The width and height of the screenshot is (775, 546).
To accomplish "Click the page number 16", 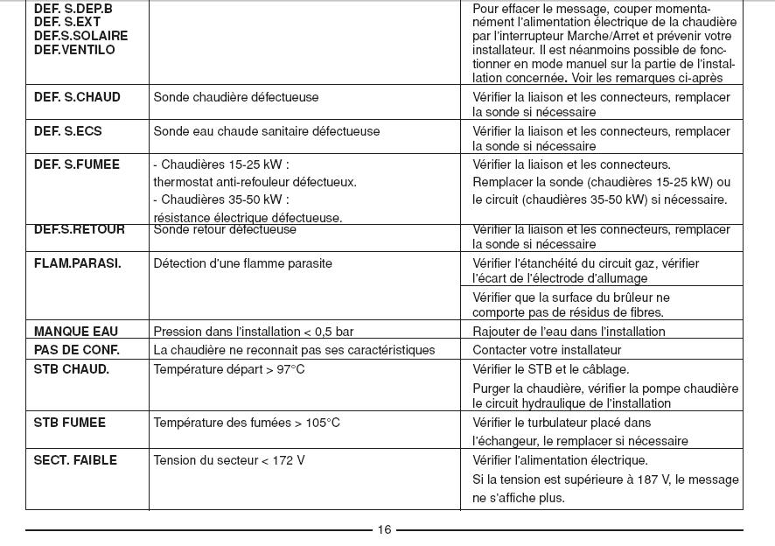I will (x=384, y=529).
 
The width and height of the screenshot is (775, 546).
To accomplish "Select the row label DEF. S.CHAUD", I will (x=77, y=97).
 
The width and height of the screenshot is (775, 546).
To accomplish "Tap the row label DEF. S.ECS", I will (x=67, y=131).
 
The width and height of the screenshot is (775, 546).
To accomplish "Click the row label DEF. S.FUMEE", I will (x=76, y=164).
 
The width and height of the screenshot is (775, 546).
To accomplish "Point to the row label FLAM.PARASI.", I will (x=77, y=263).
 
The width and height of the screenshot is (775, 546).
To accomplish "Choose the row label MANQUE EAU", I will (x=75, y=332).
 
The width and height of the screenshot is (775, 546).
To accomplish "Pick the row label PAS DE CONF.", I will (x=76, y=350).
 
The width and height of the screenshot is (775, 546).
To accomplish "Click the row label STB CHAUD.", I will (x=71, y=369).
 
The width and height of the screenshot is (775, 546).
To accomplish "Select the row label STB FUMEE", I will (x=69, y=423).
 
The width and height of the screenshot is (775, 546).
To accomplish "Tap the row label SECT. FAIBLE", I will (x=75, y=460).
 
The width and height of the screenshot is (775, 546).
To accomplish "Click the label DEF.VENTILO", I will (x=74, y=50).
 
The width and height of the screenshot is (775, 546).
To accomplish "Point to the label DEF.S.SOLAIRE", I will (x=80, y=36).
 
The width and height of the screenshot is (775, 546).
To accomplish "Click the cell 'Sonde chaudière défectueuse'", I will (x=235, y=97).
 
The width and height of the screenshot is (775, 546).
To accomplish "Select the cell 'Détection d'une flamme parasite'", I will (x=242, y=263).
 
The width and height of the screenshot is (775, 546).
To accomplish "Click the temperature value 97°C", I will (x=290, y=369).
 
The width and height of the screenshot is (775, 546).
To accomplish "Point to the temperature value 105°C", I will (x=322, y=423).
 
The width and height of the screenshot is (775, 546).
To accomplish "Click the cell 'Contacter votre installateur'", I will (x=547, y=350).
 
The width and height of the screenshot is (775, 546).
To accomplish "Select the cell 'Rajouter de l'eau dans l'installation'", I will (x=569, y=332).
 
